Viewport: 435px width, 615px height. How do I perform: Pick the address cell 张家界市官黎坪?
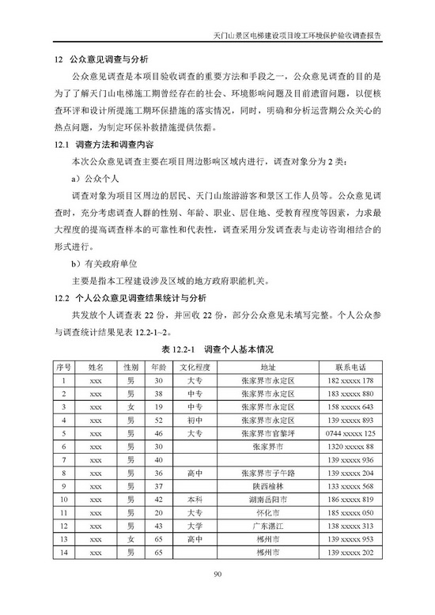click(x=267, y=433)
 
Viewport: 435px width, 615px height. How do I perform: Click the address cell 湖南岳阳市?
click(x=267, y=500)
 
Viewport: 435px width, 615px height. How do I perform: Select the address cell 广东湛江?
click(x=267, y=526)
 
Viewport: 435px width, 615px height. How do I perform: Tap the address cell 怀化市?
click(x=267, y=512)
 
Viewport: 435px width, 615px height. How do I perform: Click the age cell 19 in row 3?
click(x=159, y=407)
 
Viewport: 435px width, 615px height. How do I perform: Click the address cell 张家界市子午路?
click(x=267, y=473)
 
